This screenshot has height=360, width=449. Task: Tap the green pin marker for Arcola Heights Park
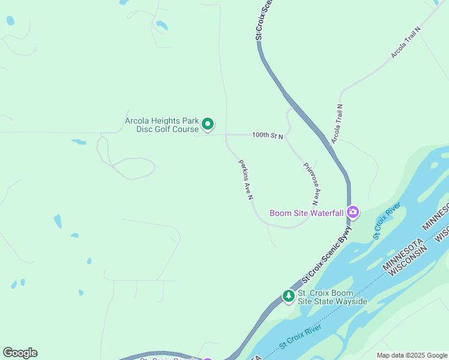pos(208,124)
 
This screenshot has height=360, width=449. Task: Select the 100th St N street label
pos(267,136)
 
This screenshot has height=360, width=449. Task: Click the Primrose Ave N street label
pos(311,183)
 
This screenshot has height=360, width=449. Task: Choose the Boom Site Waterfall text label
pos(306,212)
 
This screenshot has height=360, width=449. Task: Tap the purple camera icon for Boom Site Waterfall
pos(353,212)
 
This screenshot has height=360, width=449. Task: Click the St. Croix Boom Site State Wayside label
pos(333,297)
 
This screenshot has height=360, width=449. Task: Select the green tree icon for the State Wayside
pos(289,296)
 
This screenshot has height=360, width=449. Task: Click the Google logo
pos(20,353)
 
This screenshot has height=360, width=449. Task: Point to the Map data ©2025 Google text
pos(412,355)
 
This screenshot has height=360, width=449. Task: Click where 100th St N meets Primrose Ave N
pos(286,136)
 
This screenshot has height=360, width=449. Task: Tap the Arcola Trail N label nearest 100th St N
pos(336,124)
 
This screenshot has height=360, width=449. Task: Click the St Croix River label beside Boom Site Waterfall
pos(386,221)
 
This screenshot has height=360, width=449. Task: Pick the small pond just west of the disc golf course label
pos(78,142)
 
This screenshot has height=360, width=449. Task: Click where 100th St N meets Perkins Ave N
pos(226,136)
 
